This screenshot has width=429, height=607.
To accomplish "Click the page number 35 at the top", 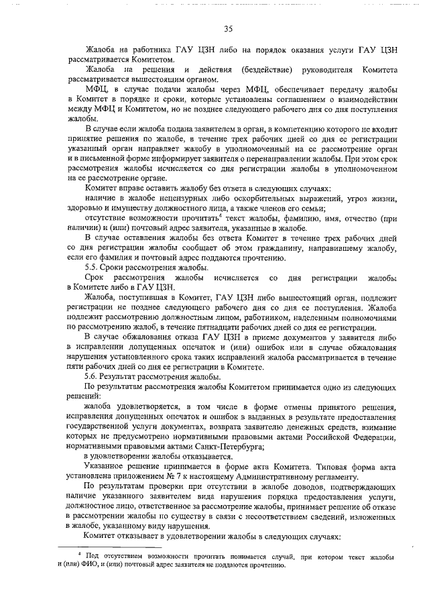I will point(228,29).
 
